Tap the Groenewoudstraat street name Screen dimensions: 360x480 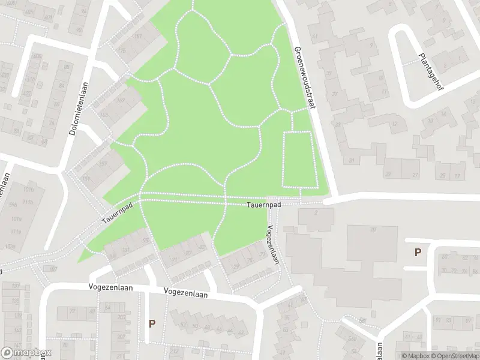[x=304, y=78]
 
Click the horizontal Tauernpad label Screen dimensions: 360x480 [x=263, y=205]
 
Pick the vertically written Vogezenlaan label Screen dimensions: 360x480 [x=273, y=245]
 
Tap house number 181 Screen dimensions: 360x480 [x=137, y=37]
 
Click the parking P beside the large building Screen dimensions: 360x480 [x=417, y=253]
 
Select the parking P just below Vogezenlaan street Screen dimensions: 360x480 [x=152, y=324]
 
